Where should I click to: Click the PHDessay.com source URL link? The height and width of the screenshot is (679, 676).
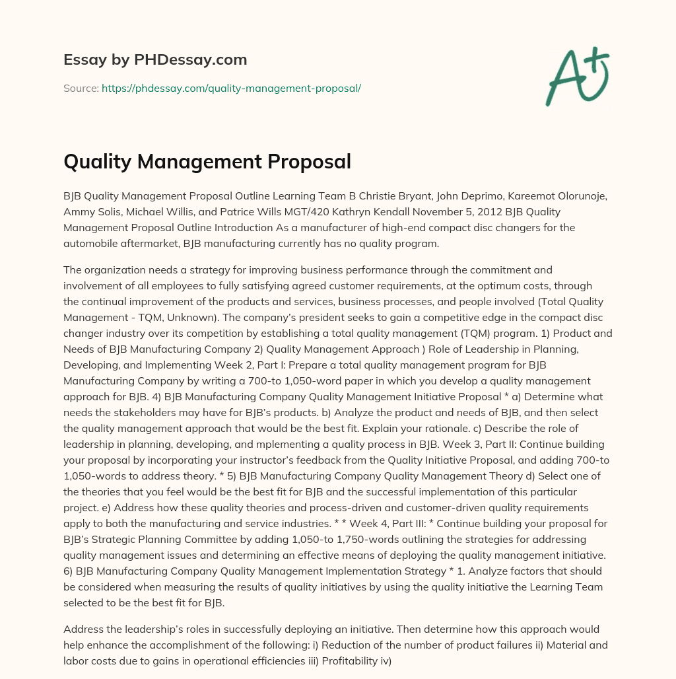(x=231, y=87)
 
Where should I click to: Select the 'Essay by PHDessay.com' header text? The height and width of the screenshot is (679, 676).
(x=155, y=59)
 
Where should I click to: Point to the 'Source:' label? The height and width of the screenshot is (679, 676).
(x=81, y=87)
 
